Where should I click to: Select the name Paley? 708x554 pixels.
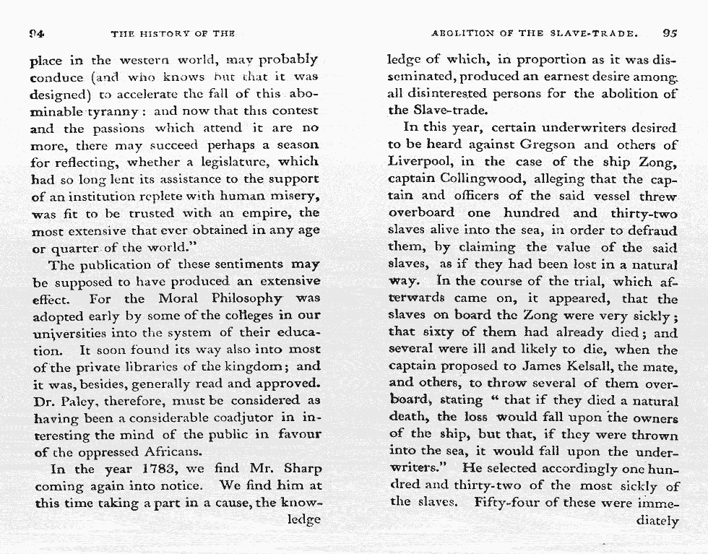click(82, 399)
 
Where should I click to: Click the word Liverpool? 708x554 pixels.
click(421, 161)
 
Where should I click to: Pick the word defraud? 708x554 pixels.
click(652, 230)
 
